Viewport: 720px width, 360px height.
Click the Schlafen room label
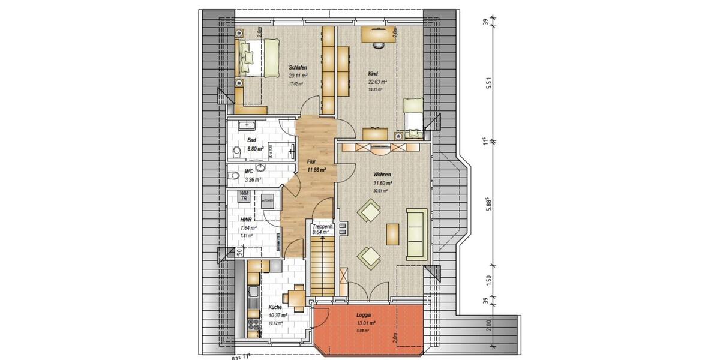click(298, 67)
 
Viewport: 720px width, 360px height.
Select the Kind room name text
click(373, 73)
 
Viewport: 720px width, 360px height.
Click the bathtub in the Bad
click(247, 126)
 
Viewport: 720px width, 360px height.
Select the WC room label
click(248, 172)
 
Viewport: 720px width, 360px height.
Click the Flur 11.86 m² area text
click(316, 170)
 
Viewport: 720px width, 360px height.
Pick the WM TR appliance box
click(244, 196)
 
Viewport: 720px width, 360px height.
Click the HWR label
click(245, 220)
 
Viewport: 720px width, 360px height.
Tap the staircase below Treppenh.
click(322, 264)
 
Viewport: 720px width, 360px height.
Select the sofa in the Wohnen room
click(416, 233)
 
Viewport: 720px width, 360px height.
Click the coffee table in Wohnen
click(392, 234)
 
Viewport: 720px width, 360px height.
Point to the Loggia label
click(363, 314)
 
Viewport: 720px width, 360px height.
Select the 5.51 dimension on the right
click(490, 84)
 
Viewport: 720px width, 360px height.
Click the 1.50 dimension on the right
click(490, 281)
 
